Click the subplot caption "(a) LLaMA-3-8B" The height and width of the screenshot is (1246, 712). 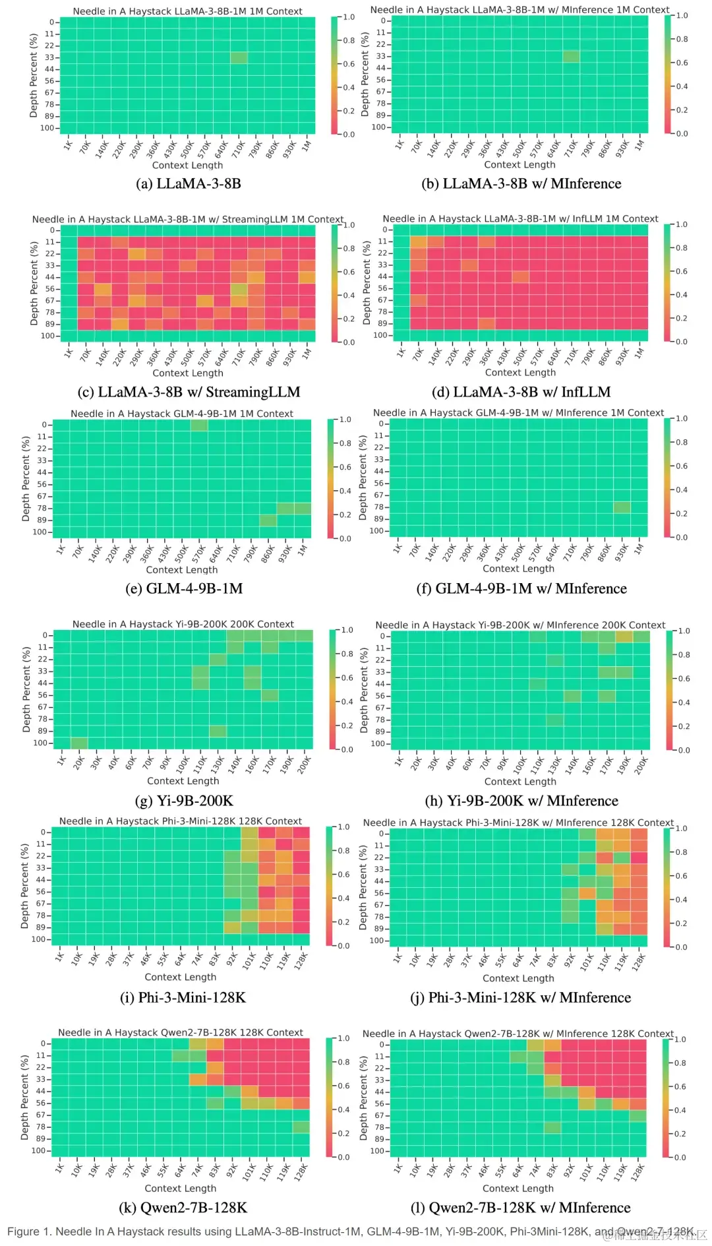[189, 183]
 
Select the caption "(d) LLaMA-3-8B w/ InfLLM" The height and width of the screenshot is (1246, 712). [521, 392]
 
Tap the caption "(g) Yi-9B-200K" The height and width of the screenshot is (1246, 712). [184, 801]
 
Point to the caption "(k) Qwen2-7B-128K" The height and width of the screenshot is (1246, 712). [183, 1208]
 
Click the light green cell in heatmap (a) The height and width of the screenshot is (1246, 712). [239, 57]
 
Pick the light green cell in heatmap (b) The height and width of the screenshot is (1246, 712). [571, 56]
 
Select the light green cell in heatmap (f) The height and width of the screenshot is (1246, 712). [622, 507]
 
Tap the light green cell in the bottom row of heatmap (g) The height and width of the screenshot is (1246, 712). [79, 743]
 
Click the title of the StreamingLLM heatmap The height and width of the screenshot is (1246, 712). [188, 220]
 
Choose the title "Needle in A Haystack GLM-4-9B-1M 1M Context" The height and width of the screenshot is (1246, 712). [182, 414]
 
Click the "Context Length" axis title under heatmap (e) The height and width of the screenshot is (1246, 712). [182, 570]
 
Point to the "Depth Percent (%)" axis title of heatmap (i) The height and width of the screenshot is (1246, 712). [25, 886]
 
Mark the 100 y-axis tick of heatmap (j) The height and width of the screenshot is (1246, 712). [376, 941]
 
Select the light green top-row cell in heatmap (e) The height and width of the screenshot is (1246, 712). [199, 425]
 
